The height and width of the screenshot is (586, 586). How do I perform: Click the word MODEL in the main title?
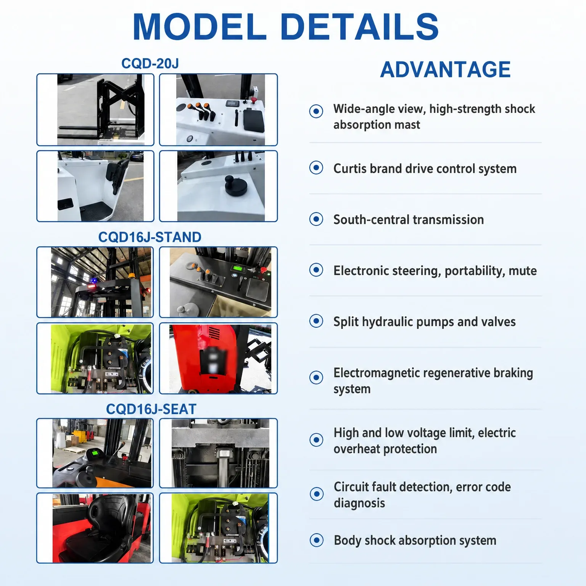(x=200, y=27)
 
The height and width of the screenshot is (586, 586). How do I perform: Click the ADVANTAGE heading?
(x=445, y=69)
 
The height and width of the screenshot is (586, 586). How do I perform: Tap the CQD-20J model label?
(x=150, y=63)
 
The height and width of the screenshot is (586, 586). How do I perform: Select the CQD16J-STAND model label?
(x=150, y=237)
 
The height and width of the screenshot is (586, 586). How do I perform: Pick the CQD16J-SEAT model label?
(x=151, y=409)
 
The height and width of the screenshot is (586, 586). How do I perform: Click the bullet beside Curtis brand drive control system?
(x=316, y=167)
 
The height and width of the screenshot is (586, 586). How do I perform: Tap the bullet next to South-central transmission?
(x=316, y=219)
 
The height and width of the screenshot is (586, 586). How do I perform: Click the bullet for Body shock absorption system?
(x=316, y=540)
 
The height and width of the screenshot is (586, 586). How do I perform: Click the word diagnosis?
(x=359, y=503)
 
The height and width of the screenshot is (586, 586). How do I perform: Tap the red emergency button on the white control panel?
(x=253, y=101)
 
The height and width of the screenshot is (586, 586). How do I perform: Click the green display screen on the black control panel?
(x=237, y=268)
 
